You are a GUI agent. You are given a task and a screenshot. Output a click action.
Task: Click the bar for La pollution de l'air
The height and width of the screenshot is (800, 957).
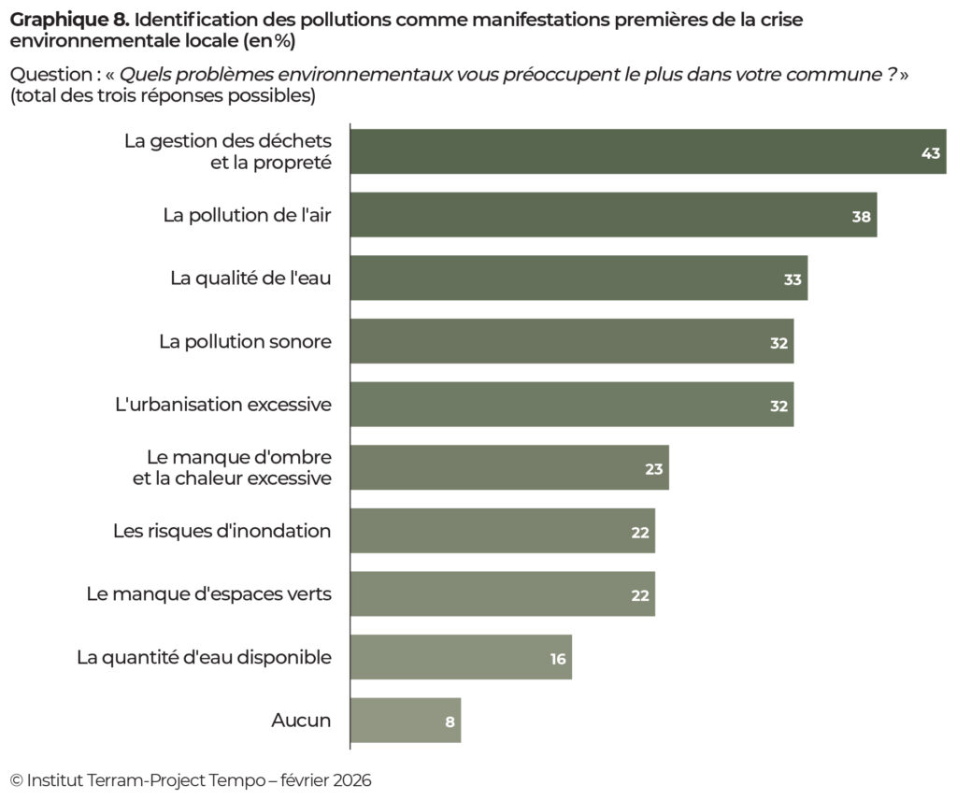[613, 215]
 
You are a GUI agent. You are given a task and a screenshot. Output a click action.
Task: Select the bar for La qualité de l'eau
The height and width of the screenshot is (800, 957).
[578, 279]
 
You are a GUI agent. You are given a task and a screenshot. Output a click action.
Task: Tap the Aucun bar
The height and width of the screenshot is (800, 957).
[406, 721]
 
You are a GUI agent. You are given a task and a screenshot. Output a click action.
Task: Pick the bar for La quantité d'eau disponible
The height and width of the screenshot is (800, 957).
[461, 658]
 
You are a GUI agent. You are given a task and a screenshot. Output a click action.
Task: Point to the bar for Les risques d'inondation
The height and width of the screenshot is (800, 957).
[503, 531]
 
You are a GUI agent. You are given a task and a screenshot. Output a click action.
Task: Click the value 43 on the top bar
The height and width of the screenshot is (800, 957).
[930, 152]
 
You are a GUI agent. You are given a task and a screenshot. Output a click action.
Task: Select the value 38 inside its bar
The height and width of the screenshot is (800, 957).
[861, 216]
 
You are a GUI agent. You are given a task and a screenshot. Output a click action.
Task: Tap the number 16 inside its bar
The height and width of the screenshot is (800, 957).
[558, 659]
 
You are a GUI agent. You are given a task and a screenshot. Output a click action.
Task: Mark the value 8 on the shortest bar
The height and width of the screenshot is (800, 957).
[450, 721]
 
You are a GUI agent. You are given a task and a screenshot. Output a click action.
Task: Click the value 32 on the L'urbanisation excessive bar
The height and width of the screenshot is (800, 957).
[778, 406]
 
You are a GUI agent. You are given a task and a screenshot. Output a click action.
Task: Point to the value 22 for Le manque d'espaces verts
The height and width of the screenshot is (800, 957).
[640, 595]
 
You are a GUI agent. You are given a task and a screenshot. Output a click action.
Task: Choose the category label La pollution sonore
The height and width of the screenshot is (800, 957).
[245, 342]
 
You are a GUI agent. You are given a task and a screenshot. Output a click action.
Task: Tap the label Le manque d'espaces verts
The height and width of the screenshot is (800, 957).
[208, 594]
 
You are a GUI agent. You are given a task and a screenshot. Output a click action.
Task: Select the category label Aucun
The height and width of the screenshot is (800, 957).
[301, 721]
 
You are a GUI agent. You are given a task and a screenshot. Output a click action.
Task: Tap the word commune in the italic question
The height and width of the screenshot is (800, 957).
[815, 76]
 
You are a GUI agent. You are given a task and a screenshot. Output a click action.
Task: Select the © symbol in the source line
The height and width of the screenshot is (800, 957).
[16, 780]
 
